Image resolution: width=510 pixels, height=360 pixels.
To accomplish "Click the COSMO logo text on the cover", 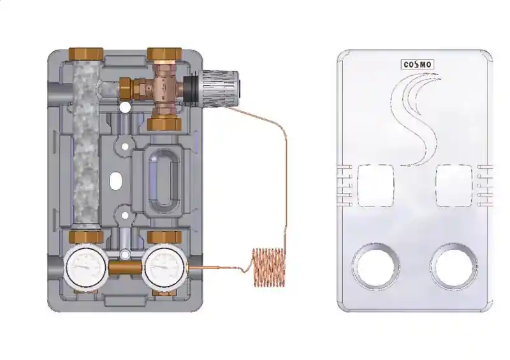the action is tap(418, 65).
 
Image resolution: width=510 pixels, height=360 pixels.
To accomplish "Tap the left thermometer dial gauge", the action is tap(86, 267).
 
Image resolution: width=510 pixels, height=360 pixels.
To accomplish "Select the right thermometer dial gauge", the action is tap(166, 267).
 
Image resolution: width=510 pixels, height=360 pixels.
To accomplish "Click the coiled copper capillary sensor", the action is tap(269, 268).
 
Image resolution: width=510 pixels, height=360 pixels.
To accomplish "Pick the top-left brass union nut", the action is tap(86, 54).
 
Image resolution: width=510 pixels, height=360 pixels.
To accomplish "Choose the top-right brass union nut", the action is tap(164, 54).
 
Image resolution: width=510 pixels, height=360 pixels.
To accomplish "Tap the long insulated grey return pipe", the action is tap(86, 146).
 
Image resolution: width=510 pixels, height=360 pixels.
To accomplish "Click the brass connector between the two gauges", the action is tap(126, 268).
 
